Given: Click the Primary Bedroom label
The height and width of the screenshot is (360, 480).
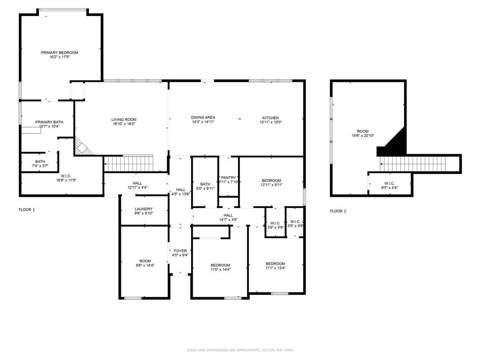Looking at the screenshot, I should (59, 52).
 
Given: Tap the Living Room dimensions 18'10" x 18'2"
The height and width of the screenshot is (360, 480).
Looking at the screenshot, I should (124, 124).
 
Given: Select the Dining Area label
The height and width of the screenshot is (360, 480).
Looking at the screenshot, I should (203, 117).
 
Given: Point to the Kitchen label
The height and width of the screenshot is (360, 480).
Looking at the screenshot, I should (270, 118).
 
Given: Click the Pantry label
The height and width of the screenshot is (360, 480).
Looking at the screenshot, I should (229, 178).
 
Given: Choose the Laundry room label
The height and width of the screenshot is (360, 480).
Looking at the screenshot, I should (144, 209).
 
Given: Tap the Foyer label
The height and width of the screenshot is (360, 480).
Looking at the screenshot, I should (180, 251).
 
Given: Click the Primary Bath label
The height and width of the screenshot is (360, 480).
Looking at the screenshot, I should (49, 122).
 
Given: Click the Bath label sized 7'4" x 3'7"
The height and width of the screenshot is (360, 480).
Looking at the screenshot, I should (40, 161).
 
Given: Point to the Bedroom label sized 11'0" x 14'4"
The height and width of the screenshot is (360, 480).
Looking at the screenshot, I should (220, 265).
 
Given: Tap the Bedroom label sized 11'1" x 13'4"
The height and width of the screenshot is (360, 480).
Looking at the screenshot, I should (275, 263).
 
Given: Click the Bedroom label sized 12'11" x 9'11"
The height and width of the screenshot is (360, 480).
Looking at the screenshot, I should (271, 180).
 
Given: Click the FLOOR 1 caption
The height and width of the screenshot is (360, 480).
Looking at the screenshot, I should (27, 210).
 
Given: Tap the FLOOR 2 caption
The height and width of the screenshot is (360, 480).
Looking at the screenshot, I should (338, 211).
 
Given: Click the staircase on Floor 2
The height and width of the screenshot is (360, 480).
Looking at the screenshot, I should (417, 164).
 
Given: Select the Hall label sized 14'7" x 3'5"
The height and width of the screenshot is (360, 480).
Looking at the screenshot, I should (228, 215).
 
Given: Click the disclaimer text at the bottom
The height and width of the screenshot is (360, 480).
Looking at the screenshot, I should (240, 350).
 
